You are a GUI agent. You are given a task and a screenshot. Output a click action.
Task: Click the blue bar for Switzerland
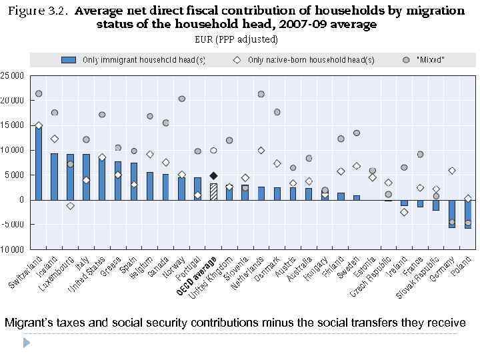39,163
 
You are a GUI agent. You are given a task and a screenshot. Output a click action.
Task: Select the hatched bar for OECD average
213,191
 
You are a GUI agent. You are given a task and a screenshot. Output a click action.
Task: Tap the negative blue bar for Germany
452,213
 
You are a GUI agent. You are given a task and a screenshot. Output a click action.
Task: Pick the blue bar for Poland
468,214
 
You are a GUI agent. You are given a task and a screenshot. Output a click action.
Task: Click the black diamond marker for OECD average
213,176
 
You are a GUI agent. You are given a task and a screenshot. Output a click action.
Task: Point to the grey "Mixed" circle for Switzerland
39,94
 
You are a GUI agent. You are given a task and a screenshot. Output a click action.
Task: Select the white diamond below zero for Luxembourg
70,206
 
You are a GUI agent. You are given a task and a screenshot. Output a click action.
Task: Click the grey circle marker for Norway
182,99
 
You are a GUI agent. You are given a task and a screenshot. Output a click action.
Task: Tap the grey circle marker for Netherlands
261,94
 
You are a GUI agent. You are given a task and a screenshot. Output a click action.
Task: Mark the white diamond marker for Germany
452,171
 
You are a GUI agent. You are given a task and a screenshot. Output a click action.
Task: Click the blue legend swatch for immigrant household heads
69,60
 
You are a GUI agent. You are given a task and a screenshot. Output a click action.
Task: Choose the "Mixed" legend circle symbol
406,60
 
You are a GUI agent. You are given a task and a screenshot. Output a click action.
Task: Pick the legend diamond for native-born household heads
237,60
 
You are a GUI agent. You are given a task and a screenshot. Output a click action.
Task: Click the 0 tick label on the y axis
21,200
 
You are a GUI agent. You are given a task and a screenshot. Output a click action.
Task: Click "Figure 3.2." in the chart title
41,11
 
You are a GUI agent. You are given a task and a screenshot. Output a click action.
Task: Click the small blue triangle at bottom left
27,343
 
